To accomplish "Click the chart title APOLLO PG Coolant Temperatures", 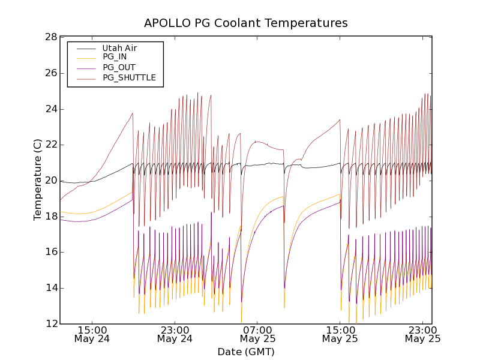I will click(245, 23).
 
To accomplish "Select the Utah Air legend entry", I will click(120, 48).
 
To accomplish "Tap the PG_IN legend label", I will click(115, 57).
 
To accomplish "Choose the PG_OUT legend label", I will click(119, 67).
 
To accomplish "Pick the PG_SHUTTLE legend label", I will click(129, 77).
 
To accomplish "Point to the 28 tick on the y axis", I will click(50, 37).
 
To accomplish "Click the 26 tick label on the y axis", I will click(50, 73).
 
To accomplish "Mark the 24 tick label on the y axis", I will click(50, 109).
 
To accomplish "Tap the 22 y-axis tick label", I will click(50, 145).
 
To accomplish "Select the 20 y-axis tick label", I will click(50, 181).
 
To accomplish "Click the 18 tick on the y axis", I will click(50, 217).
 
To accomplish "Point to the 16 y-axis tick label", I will click(50, 252).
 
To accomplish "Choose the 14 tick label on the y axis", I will click(50, 288).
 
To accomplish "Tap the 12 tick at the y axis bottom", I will click(50, 324).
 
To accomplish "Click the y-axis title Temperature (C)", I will click(38, 180).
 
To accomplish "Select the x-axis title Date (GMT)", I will click(245, 352).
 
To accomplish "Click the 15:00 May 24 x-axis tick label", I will click(92, 334).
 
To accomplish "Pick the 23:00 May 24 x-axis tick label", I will click(175, 334).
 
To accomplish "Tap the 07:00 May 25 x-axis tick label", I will click(257, 334).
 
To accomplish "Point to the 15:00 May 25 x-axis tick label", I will click(340, 334).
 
